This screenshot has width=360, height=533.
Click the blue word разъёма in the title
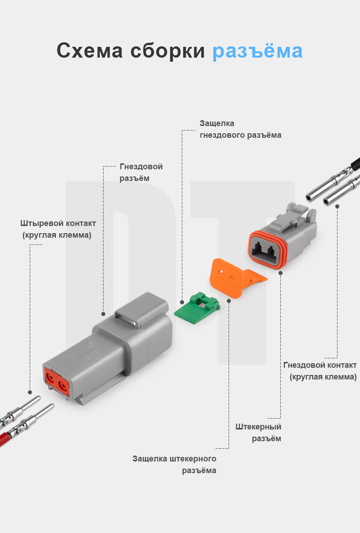257,51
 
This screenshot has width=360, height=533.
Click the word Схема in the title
90,51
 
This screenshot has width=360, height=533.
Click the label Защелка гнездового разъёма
240,129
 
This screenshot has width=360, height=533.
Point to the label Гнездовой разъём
141,172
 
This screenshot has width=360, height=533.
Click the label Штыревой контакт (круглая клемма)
58,229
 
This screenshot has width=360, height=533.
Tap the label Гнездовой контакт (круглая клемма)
321,370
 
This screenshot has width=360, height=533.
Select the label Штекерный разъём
258,432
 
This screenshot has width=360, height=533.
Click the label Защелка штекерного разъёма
175,465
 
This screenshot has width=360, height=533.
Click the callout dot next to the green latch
182,302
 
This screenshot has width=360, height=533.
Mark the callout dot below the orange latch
229,300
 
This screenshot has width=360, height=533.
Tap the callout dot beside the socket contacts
337,206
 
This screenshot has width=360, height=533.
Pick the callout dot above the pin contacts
30,392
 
